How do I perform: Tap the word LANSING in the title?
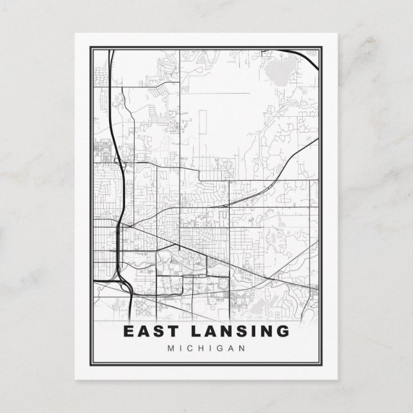(x=237, y=332)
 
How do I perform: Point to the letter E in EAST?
(x=128, y=332)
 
